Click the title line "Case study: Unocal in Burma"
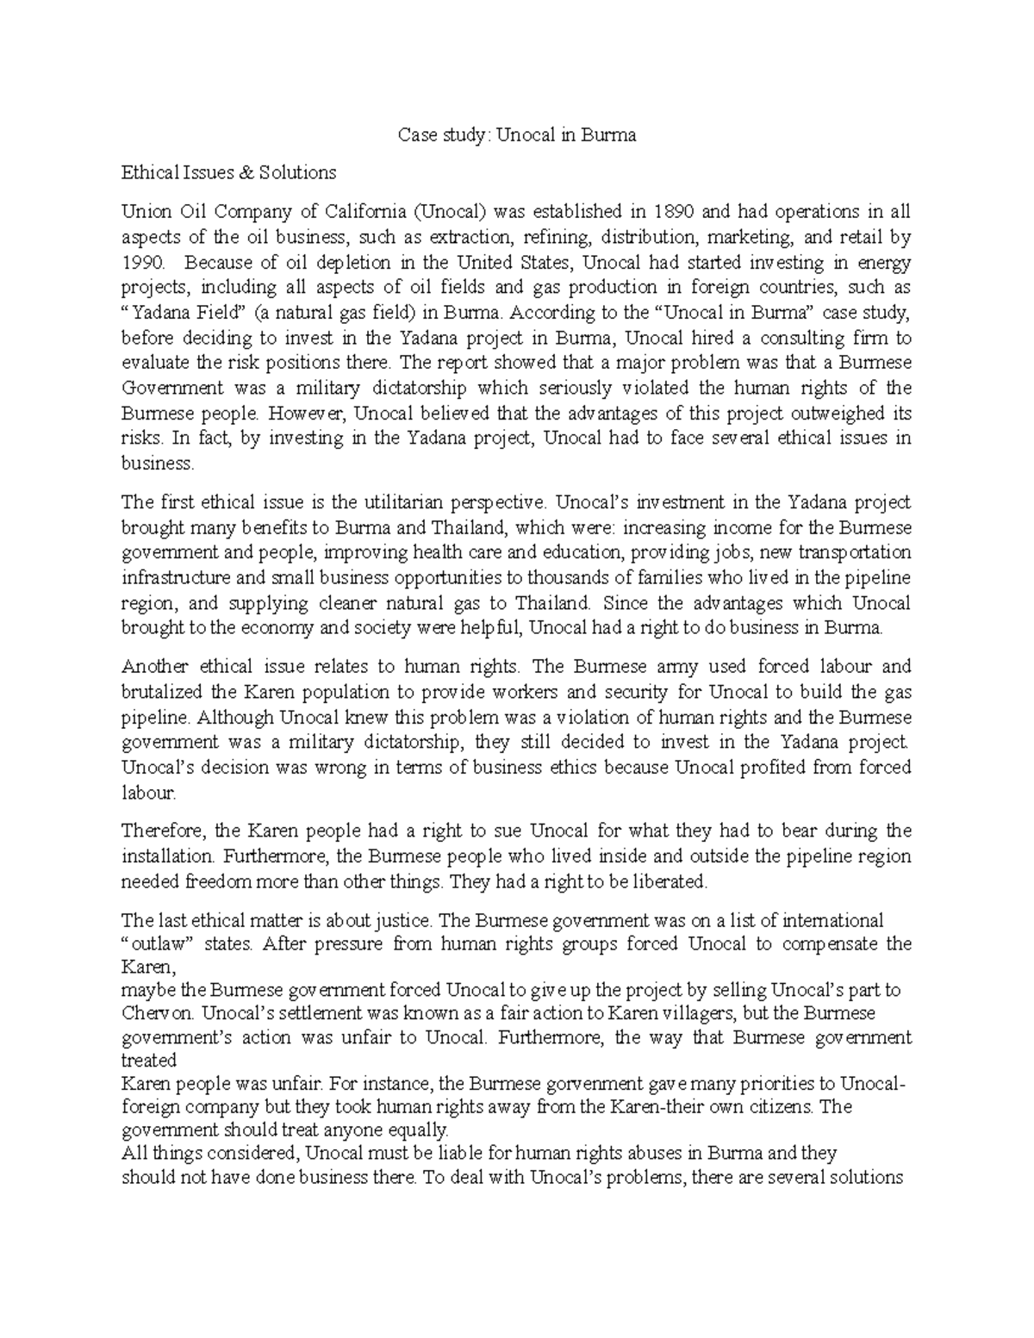pos(516,135)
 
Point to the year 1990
pos(141,262)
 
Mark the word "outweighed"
pos(813,413)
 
